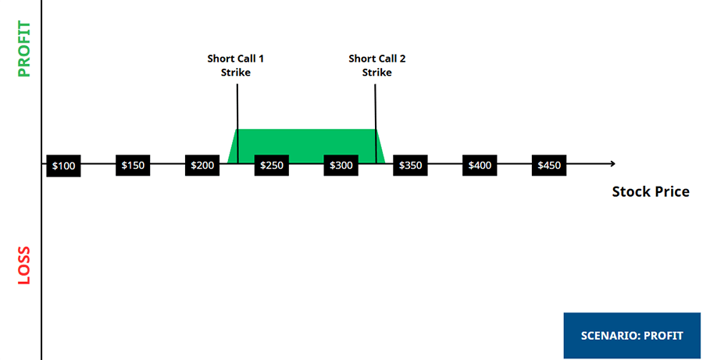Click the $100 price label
(x=63, y=166)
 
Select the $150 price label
(x=132, y=166)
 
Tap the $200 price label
(x=202, y=166)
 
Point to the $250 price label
(x=271, y=166)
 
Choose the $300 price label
(x=341, y=166)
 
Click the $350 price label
(x=410, y=166)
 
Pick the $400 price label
(x=480, y=166)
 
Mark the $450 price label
(x=549, y=166)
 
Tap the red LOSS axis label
(x=24, y=266)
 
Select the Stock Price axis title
(x=651, y=191)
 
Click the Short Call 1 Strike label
(x=235, y=66)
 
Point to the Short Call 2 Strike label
(x=376, y=66)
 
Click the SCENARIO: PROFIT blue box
(x=632, y=336)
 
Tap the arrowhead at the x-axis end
(x=612, y=163)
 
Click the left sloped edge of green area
(x=232, y=146)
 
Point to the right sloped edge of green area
(x=380, y=146)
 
